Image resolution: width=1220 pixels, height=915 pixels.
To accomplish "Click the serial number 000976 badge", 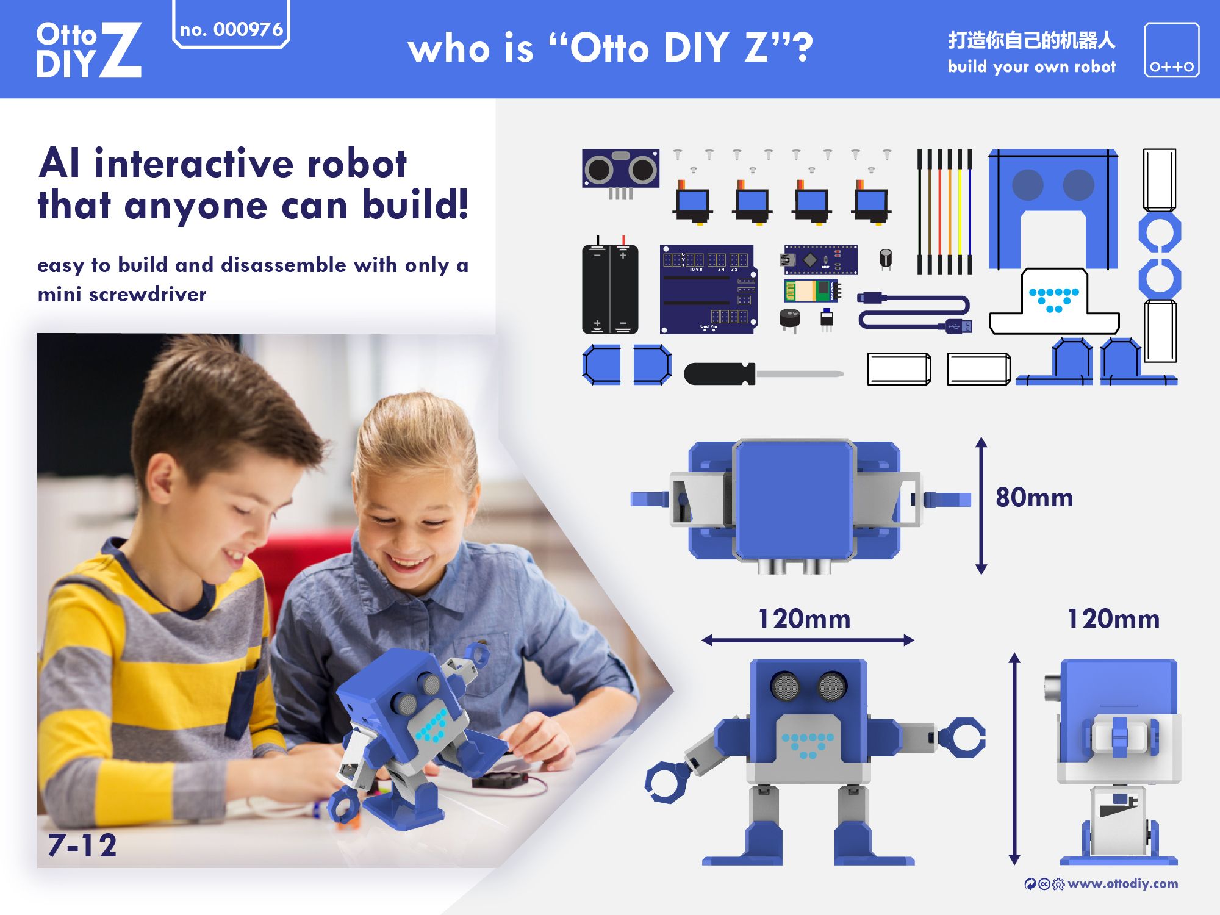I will point(231,29).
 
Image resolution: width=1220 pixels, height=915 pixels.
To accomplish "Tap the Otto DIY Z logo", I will point(88,50).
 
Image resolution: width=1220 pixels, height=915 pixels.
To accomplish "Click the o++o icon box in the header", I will point(1171,50).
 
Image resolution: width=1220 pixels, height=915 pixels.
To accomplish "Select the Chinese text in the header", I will point(1032,40).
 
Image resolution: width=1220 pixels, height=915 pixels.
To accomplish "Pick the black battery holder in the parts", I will point(610,289).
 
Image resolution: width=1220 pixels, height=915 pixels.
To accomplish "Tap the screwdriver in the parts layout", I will point(762,373).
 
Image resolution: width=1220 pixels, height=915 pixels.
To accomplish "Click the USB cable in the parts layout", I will point(915,312).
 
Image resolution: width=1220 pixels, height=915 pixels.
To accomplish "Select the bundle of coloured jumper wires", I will point(944,212).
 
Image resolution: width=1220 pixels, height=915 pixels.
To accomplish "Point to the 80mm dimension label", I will point(1034,498).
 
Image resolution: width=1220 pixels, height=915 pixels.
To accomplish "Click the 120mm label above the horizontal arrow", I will point(804,619).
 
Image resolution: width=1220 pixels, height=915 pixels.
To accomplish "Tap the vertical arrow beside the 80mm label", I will point(981,506).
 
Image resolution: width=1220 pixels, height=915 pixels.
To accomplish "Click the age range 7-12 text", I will point(82,845).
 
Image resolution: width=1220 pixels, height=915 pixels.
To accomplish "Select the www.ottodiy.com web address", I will point(1122,883).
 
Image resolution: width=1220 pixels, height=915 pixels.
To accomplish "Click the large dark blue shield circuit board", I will point(708,289).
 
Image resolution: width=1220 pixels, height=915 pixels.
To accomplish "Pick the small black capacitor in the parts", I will point(886,259).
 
